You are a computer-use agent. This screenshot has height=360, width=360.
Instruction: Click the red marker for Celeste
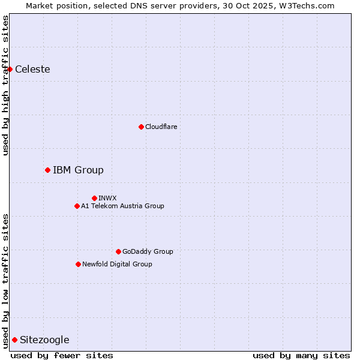tap(10, 69)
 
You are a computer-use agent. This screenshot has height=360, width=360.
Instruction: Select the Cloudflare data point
tap(141, 127)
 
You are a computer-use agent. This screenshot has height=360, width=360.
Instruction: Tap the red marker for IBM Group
tap(47, 170)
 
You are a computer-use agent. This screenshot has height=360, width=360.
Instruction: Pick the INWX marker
tap(94, 198)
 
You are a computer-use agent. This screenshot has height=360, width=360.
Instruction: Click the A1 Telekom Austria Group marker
tap(77, 206)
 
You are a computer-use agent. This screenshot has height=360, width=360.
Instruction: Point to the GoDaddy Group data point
tap(118, 251)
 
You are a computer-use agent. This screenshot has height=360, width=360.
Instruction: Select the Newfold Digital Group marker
tap(78, 264)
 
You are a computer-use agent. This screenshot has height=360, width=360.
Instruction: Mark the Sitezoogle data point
tap(14, 340)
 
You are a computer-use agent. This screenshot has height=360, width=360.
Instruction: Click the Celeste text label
tap(32, 69)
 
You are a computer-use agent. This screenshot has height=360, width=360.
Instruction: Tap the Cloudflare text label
tap(161, 127)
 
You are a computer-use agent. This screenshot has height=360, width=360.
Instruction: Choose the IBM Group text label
tap(78, 170)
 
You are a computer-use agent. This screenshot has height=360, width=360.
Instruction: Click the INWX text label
tap(107, 198)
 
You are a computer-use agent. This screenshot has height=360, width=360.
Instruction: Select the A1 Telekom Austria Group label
tap(122, 206)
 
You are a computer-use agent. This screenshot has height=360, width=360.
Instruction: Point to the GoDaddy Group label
tap(148, 251)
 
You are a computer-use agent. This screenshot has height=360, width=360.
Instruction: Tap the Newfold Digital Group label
tap(117, 264)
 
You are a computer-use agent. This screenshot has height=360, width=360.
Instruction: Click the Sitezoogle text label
tap(44, 340)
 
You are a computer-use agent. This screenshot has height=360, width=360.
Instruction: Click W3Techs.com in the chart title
tap(305, 5)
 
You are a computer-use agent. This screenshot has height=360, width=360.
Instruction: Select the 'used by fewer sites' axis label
tap(62, 355)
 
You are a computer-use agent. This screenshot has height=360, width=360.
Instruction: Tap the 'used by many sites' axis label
tap(301, 355)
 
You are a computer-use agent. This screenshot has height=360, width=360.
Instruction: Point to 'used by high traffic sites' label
tap(5, 85)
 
